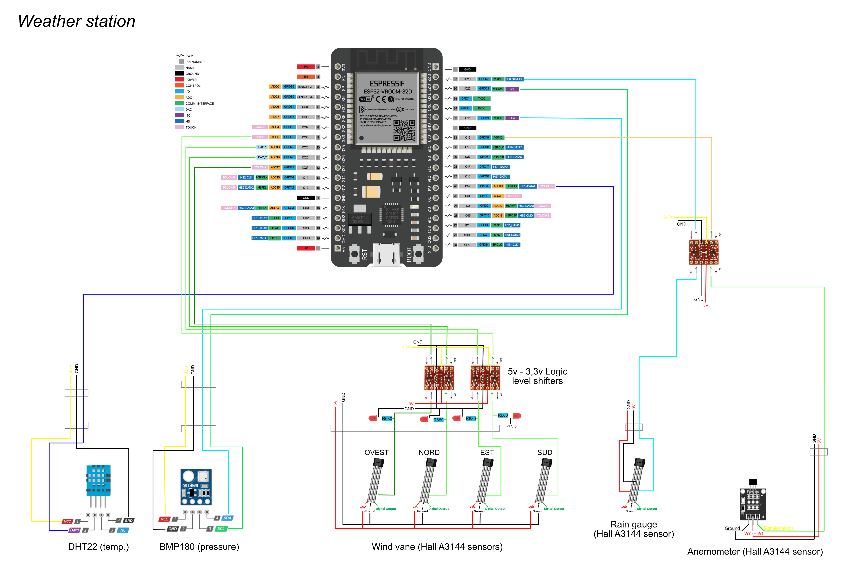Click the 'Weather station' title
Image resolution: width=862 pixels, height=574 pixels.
point(77,21)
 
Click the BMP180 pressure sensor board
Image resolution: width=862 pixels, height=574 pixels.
point(196,487)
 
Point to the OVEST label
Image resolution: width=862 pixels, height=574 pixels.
point(376,452)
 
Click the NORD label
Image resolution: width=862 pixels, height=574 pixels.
point(429,452)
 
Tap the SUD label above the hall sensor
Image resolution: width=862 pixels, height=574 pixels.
point(545,452)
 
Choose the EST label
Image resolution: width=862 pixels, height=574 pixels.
point(487,452)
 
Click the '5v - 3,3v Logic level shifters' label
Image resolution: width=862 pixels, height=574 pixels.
point(537,376)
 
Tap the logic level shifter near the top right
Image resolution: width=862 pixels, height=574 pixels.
point(704,252)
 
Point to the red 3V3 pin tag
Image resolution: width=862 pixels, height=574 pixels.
point(306,67)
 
